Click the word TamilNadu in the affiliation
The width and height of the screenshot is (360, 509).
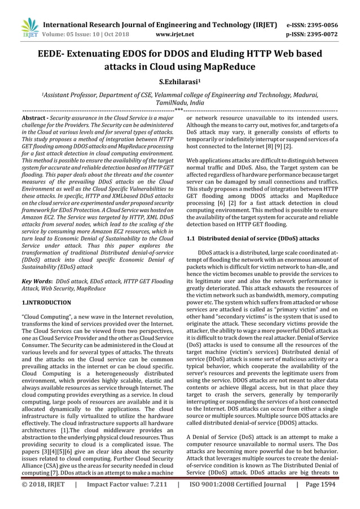tap(160, 104)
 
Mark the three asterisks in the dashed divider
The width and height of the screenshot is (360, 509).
tap(179, 109)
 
